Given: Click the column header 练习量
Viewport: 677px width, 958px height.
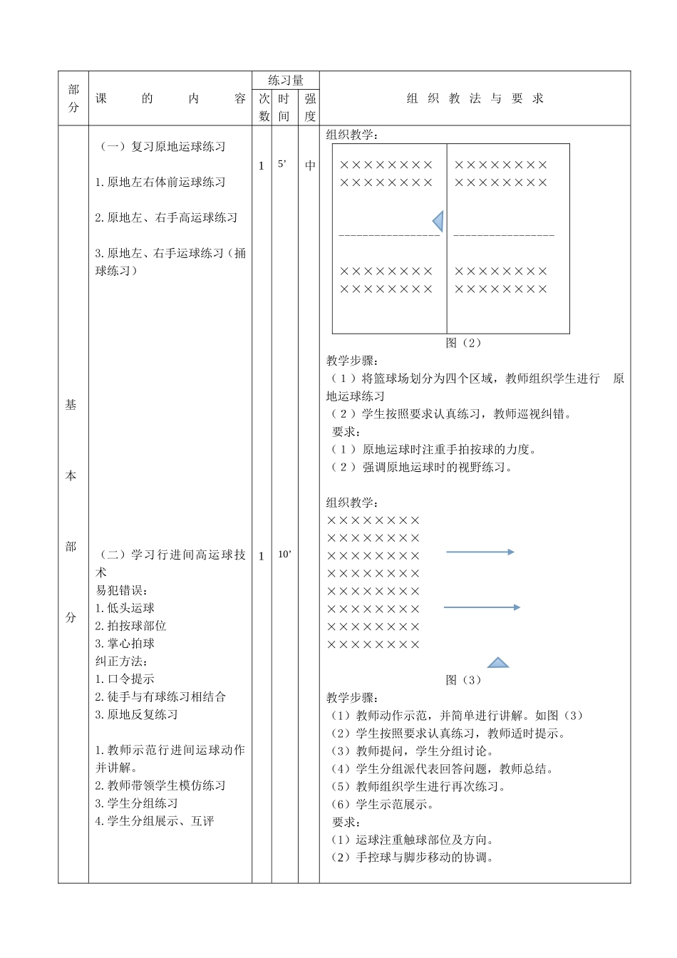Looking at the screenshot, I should click(x=286, y=81).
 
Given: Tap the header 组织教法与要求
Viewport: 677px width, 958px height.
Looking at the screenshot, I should click(x=475, y=99).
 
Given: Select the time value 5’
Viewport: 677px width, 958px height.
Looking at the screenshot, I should click(x=283, y=164).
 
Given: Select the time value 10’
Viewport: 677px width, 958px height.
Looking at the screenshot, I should click(x=284, y=555).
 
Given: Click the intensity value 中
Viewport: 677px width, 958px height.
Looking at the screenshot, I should click(x=310, y=165).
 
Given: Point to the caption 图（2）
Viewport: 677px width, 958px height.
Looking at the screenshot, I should click(x=463, y=343).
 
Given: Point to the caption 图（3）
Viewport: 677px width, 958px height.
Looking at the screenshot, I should click(x=463, y=680).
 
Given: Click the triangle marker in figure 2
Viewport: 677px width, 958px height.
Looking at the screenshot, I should click(x=438, y=221).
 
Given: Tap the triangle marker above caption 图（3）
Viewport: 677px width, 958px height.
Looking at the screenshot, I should click(x=497, y=662).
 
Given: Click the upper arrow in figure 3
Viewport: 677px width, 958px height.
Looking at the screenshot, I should click(x=480, y=552).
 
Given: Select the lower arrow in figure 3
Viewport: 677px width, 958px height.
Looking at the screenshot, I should click(x=481, y=607).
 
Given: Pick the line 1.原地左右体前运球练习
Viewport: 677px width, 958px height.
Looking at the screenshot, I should click(x=160, y=182).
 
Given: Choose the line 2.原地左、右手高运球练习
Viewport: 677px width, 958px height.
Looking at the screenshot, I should click(x=166, y=218).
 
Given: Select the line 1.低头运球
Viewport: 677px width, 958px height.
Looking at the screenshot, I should click(x=125, y=608).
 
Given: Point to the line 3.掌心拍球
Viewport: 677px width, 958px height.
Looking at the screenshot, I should click(x=125, y=644).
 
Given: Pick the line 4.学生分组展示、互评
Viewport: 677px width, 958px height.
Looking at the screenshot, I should click(x=155, y=821).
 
